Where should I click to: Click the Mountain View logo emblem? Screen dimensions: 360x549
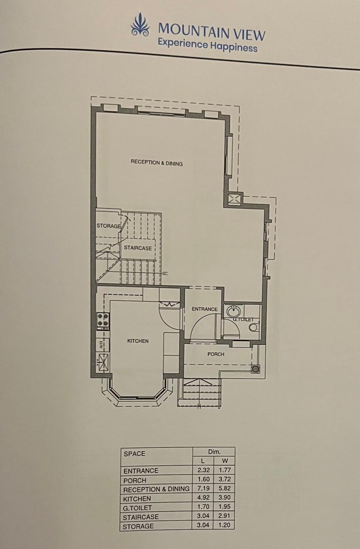coord(140,25)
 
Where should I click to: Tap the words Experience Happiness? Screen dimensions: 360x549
coord(207,45)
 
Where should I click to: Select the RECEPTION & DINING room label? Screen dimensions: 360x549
coord(157,163)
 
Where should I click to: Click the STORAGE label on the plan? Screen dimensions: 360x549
coord(109,226)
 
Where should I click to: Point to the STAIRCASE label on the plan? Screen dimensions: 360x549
coord(138,248)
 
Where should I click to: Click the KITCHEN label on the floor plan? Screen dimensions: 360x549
coord(138,341)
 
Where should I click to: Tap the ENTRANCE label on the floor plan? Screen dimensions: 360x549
coord(205,309)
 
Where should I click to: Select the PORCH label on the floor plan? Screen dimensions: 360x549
coord(216,354)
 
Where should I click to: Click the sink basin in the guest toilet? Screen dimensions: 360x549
coord(234,311)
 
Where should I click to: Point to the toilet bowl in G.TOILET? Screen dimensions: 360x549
coord(255,327)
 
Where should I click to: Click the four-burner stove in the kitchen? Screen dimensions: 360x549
coord(103,321)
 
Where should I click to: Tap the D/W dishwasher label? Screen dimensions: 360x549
coord(100,345)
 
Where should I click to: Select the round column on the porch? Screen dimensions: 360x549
coord(255,368)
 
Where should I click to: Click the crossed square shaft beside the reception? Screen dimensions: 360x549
coord(233,198)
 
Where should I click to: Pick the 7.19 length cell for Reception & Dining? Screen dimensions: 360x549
coord(203,488)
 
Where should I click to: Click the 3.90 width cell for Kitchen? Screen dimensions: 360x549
coord(224,498)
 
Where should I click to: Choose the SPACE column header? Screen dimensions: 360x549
coord(135,454)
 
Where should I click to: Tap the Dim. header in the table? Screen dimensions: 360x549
coord(214,452)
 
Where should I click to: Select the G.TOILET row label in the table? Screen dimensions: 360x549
coord(137,508)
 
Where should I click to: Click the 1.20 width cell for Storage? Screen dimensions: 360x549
coord(224,525)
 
